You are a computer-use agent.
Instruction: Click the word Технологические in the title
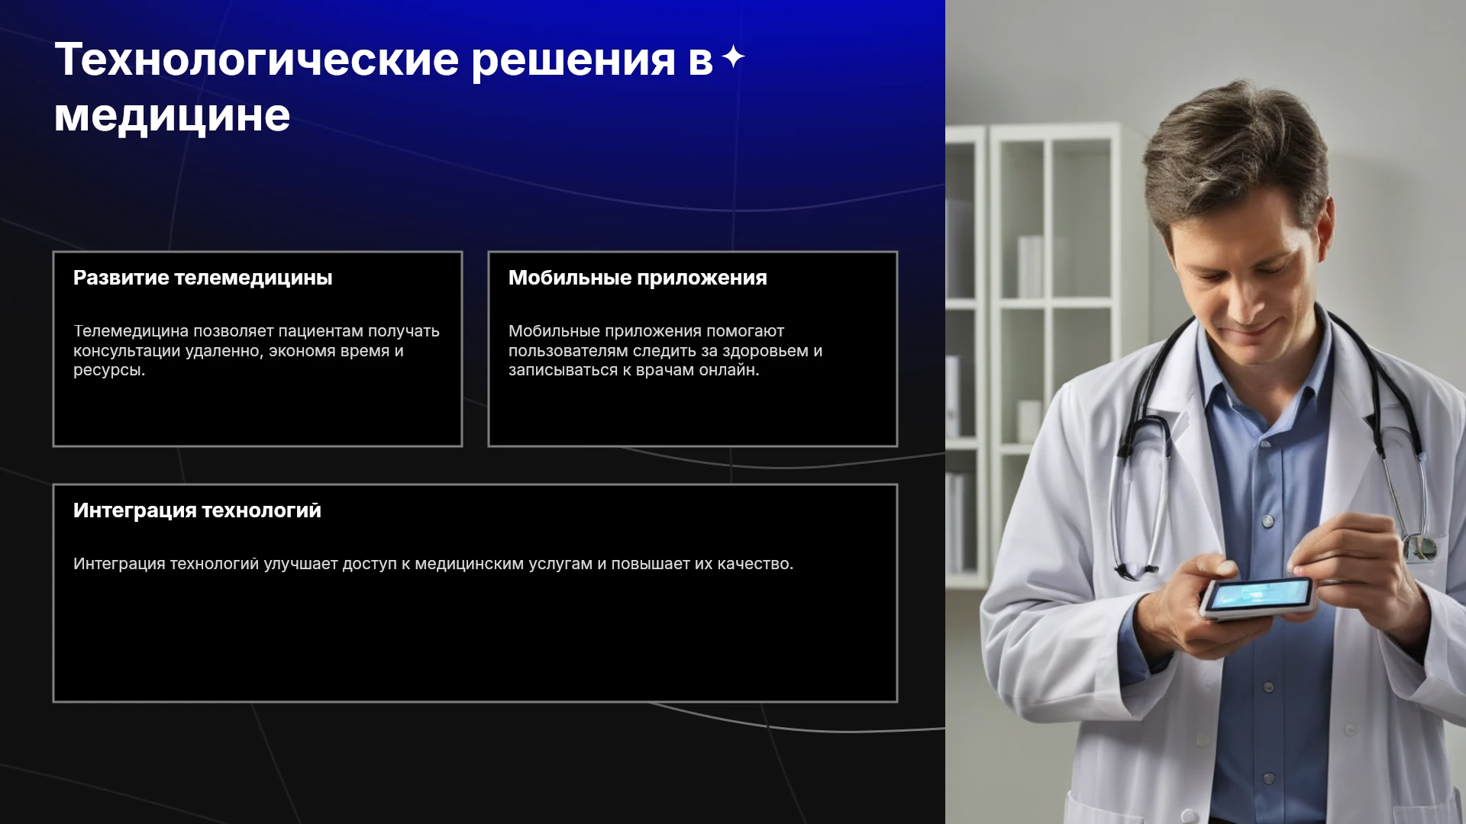[x=257, y=60]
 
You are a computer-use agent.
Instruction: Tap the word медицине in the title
[x=173, y=117]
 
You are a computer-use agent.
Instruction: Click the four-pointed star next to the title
[x=733, y=56]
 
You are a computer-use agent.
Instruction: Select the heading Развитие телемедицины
[x=203, y=278]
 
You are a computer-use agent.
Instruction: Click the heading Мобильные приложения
[x=638, y=278]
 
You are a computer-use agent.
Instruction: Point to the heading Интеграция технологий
[x=197, y=510]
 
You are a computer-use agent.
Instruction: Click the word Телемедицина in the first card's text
[x=131, y=331]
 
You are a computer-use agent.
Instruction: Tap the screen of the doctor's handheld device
[x=1260, y=594]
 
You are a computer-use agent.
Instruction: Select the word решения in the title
[x=573, y=60]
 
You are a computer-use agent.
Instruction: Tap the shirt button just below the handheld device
[x=1268, y=687]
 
